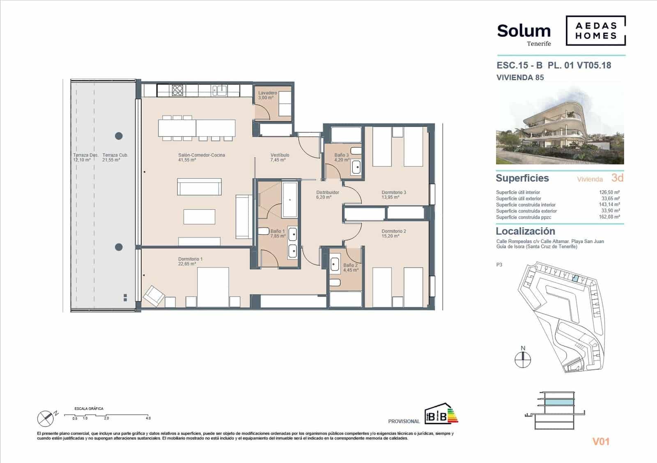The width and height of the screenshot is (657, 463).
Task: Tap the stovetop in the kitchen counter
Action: (177, 90)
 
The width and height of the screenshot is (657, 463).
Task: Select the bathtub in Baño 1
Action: (290, 199)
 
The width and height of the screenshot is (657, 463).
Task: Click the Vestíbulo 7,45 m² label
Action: (280, 157)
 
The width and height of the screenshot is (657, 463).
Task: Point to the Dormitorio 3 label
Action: (393, 194)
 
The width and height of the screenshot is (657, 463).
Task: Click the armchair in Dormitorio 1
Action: (154, 296)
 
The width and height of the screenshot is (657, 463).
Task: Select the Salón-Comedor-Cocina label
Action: (201, 157)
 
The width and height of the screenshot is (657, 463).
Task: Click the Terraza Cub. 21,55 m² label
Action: (115, 157)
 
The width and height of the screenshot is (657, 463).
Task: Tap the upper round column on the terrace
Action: (119, 136)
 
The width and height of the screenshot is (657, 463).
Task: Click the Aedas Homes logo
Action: (595, 30)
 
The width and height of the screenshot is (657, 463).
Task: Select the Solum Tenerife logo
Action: (524, 34)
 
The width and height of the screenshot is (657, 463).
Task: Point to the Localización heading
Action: (525, 231)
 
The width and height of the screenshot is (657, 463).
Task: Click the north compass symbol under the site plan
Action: (523, 360)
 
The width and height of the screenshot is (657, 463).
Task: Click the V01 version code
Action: (601, 442)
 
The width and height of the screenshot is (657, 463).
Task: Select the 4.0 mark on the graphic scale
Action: (148, 418)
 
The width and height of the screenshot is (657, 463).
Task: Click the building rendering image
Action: (560, 126)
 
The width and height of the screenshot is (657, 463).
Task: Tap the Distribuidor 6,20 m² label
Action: (327, 194)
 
